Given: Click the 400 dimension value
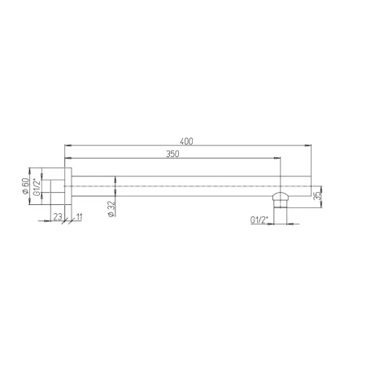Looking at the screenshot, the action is coord(186,142).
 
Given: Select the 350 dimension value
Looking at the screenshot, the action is coord(172,154).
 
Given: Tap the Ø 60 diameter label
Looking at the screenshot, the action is coord(25,185).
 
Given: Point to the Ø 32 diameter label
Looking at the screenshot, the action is coord(111,209).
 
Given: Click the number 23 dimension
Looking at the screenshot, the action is coord(58,216).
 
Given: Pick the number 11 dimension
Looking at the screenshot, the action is coord(79,216).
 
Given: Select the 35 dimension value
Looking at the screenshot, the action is coord(316,196).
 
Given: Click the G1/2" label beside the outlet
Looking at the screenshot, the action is coord(259,220).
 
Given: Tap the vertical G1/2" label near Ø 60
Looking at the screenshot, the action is coord(37,187).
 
